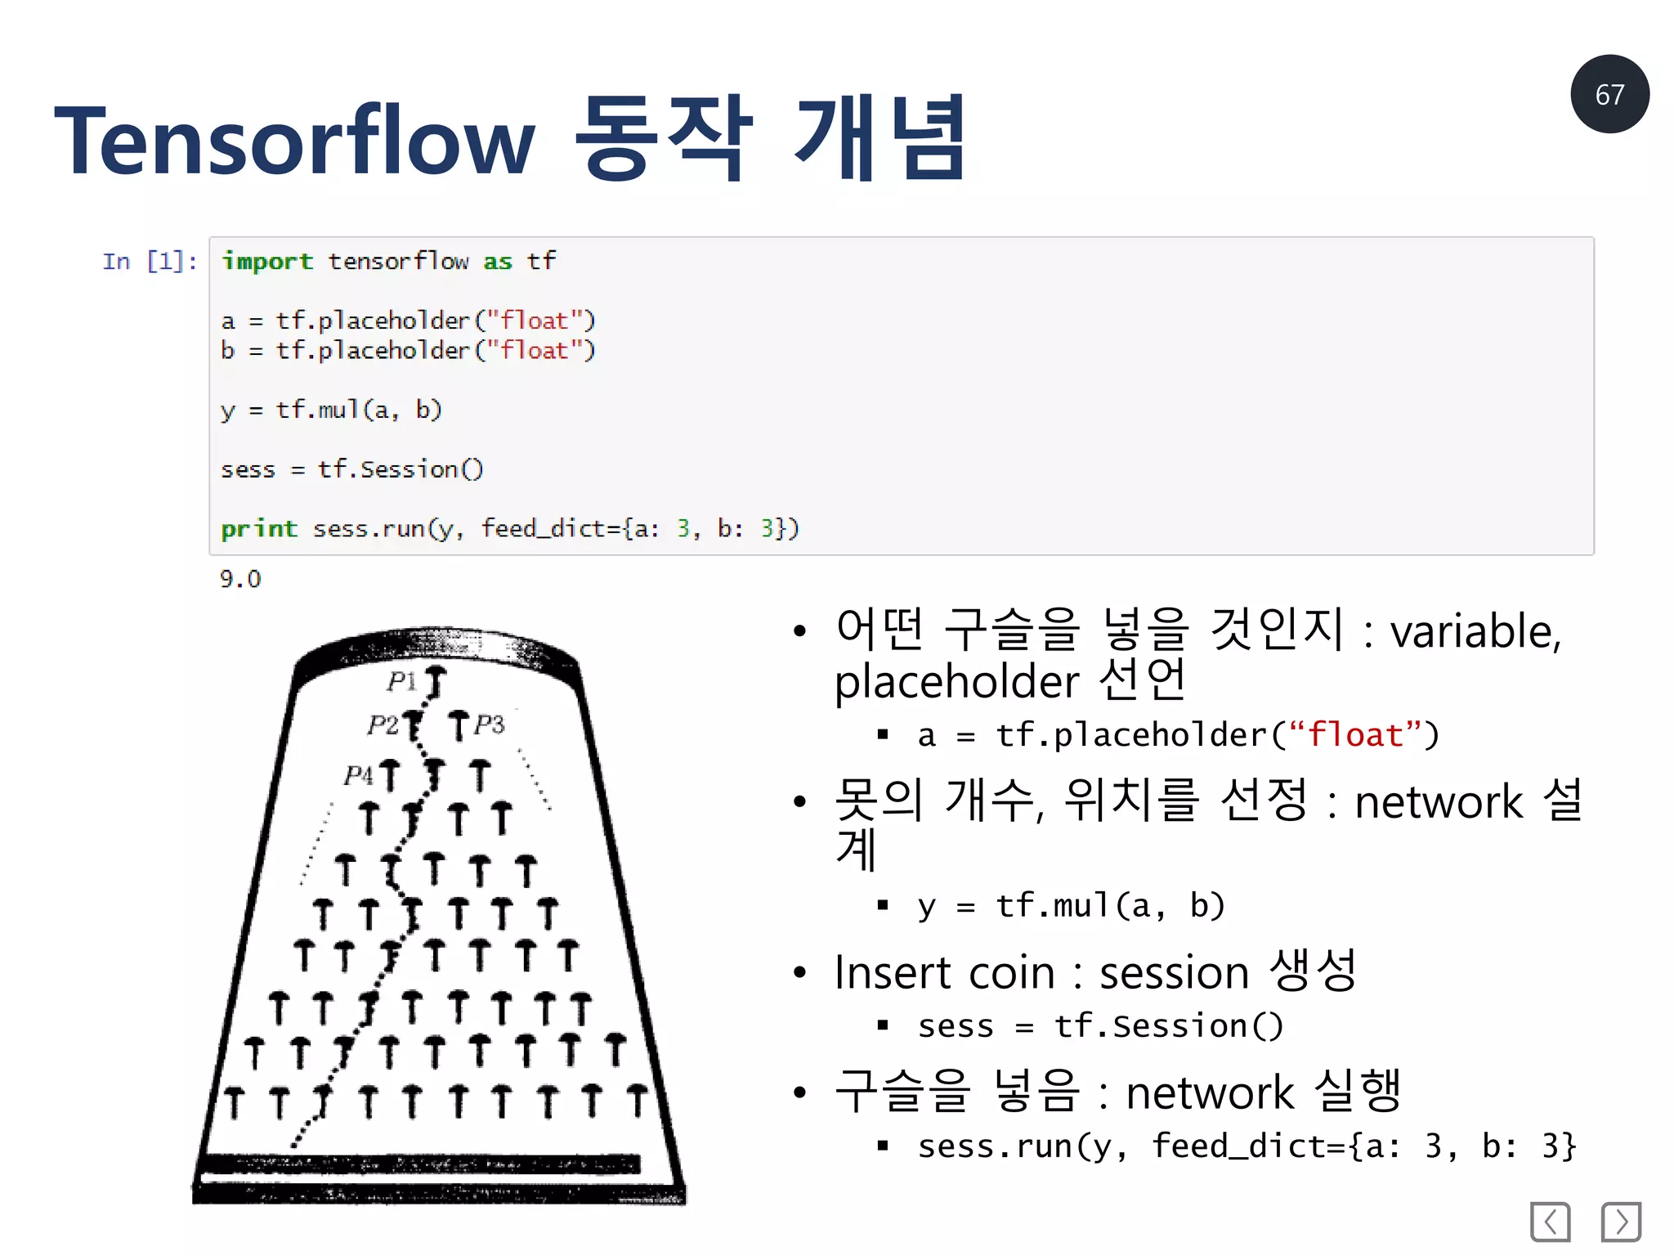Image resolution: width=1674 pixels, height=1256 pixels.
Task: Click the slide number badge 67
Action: [x=1609, y=94]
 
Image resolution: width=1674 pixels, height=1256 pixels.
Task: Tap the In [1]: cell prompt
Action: [x=149, y=262]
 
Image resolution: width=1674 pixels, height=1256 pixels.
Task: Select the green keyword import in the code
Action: [x=266, y=262]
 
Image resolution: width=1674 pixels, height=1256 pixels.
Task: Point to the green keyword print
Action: [x=258, y=529]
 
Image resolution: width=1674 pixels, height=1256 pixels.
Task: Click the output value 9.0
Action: [x=239, y=579]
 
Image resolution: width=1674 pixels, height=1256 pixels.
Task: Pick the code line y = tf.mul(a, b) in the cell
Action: [x=331, y=410]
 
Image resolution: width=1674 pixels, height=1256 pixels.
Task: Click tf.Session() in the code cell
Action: [x=400, y=469]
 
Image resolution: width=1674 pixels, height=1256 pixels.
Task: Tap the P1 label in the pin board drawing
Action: [x=401, y=680]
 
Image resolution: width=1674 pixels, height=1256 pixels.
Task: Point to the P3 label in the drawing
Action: [x=489, y=724]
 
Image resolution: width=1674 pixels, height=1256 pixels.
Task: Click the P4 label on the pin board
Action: [x=358, y=774]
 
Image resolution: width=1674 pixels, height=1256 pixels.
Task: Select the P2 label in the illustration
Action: [x=382, y=724]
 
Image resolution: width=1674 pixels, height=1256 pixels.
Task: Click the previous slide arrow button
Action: [x=1550, y=1222]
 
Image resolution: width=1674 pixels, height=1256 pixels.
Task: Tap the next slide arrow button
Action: [x=1621, y=1222]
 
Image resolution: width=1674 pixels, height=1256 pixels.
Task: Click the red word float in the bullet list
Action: [x=1355, y=735]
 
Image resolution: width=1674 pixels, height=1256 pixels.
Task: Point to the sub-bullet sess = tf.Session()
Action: [x=1100, y=1026]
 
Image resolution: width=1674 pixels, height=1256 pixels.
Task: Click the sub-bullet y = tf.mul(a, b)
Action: [x=1071, y=906]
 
